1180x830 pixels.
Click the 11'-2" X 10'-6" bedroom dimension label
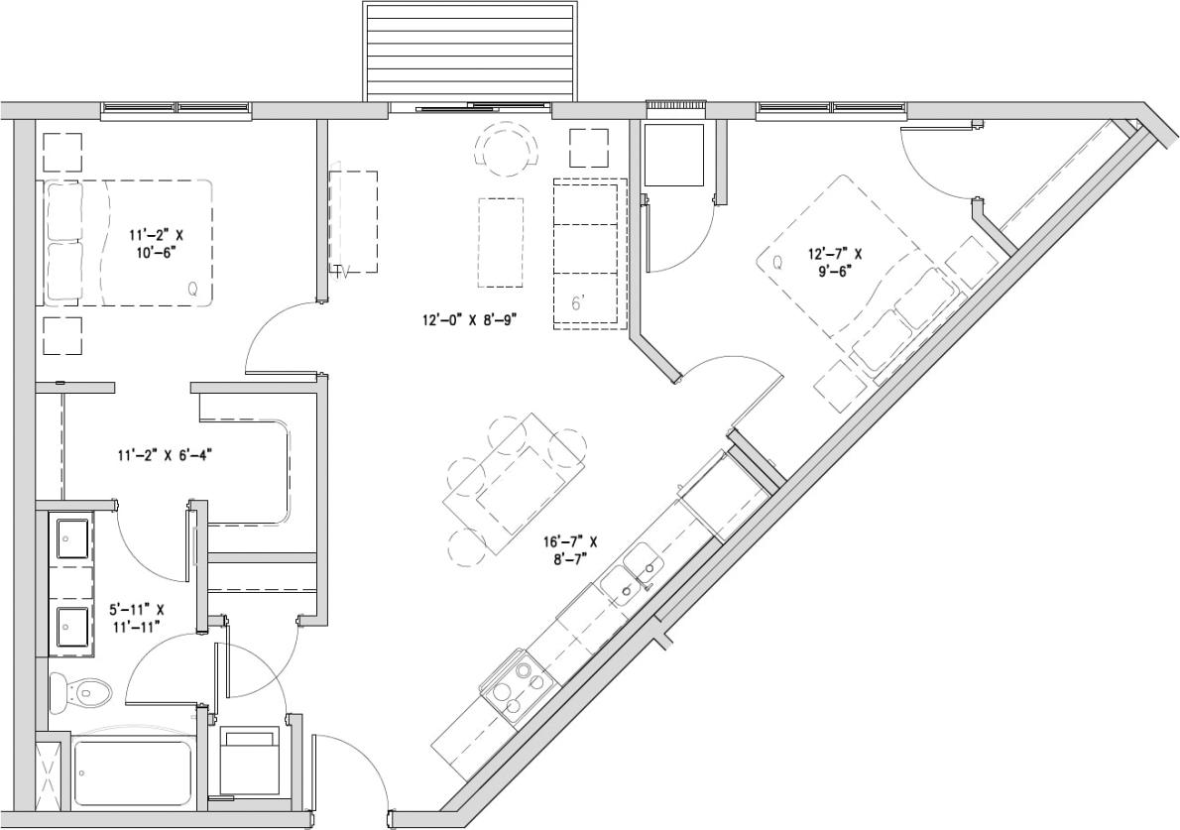(x=156, y=244)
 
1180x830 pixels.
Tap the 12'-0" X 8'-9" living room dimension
(x=471, y=320)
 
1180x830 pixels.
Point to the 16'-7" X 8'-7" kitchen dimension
(x=569, y=550)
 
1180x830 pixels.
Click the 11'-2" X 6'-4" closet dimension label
(x=166, y=455)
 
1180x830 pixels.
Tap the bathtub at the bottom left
(x=132, y=772)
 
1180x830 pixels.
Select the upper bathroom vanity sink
(x=72, y=538)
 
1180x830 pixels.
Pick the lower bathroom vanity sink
(x=72, y=627)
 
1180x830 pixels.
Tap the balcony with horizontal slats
(x=469, y=51)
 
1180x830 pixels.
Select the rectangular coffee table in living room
(x=501, y=241)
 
